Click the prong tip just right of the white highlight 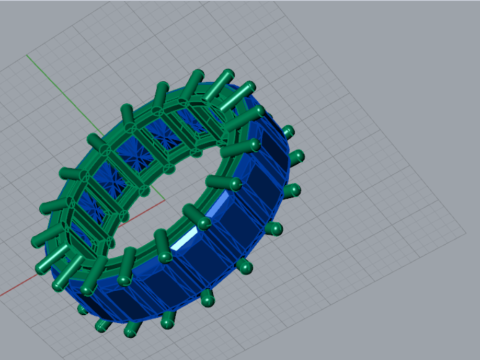212,182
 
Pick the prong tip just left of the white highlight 160,237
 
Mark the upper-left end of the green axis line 27,54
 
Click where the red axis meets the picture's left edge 1,297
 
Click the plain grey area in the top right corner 440,30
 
